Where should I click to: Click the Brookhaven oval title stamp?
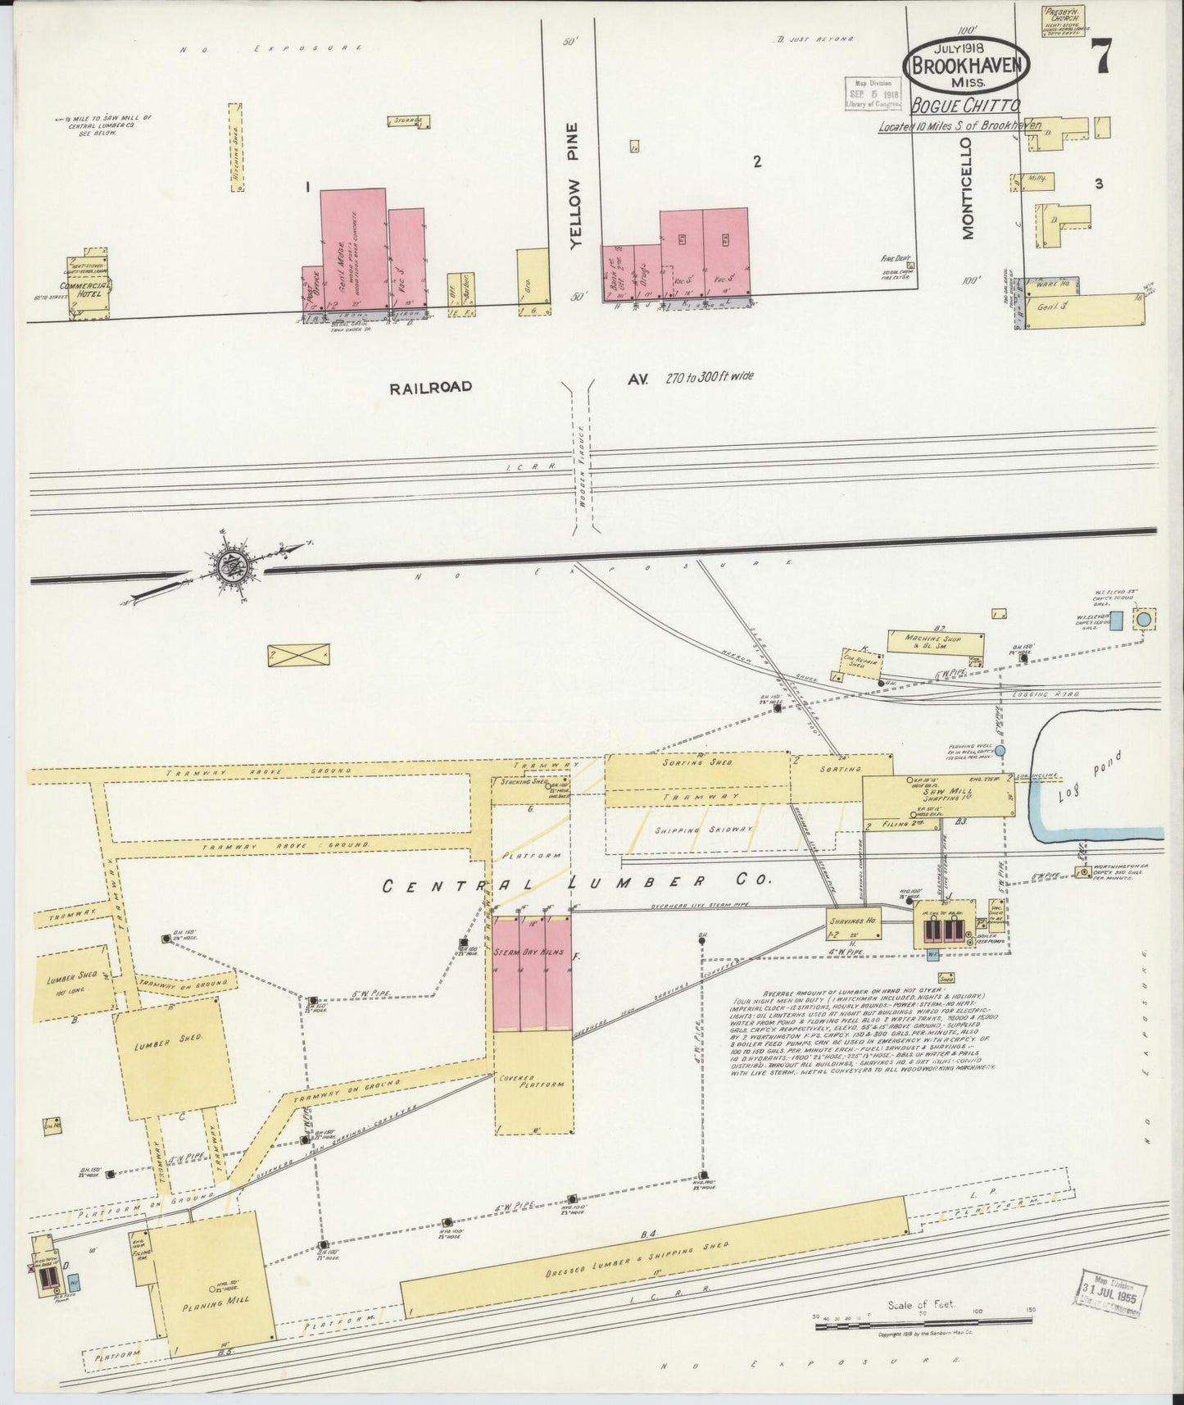(x=966, y=65)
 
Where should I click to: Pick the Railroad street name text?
(x=431, y=386)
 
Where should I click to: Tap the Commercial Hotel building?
(x=88, y=286)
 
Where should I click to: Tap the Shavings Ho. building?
(x=852, y=923)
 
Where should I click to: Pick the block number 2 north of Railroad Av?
(x=757, y=162)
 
